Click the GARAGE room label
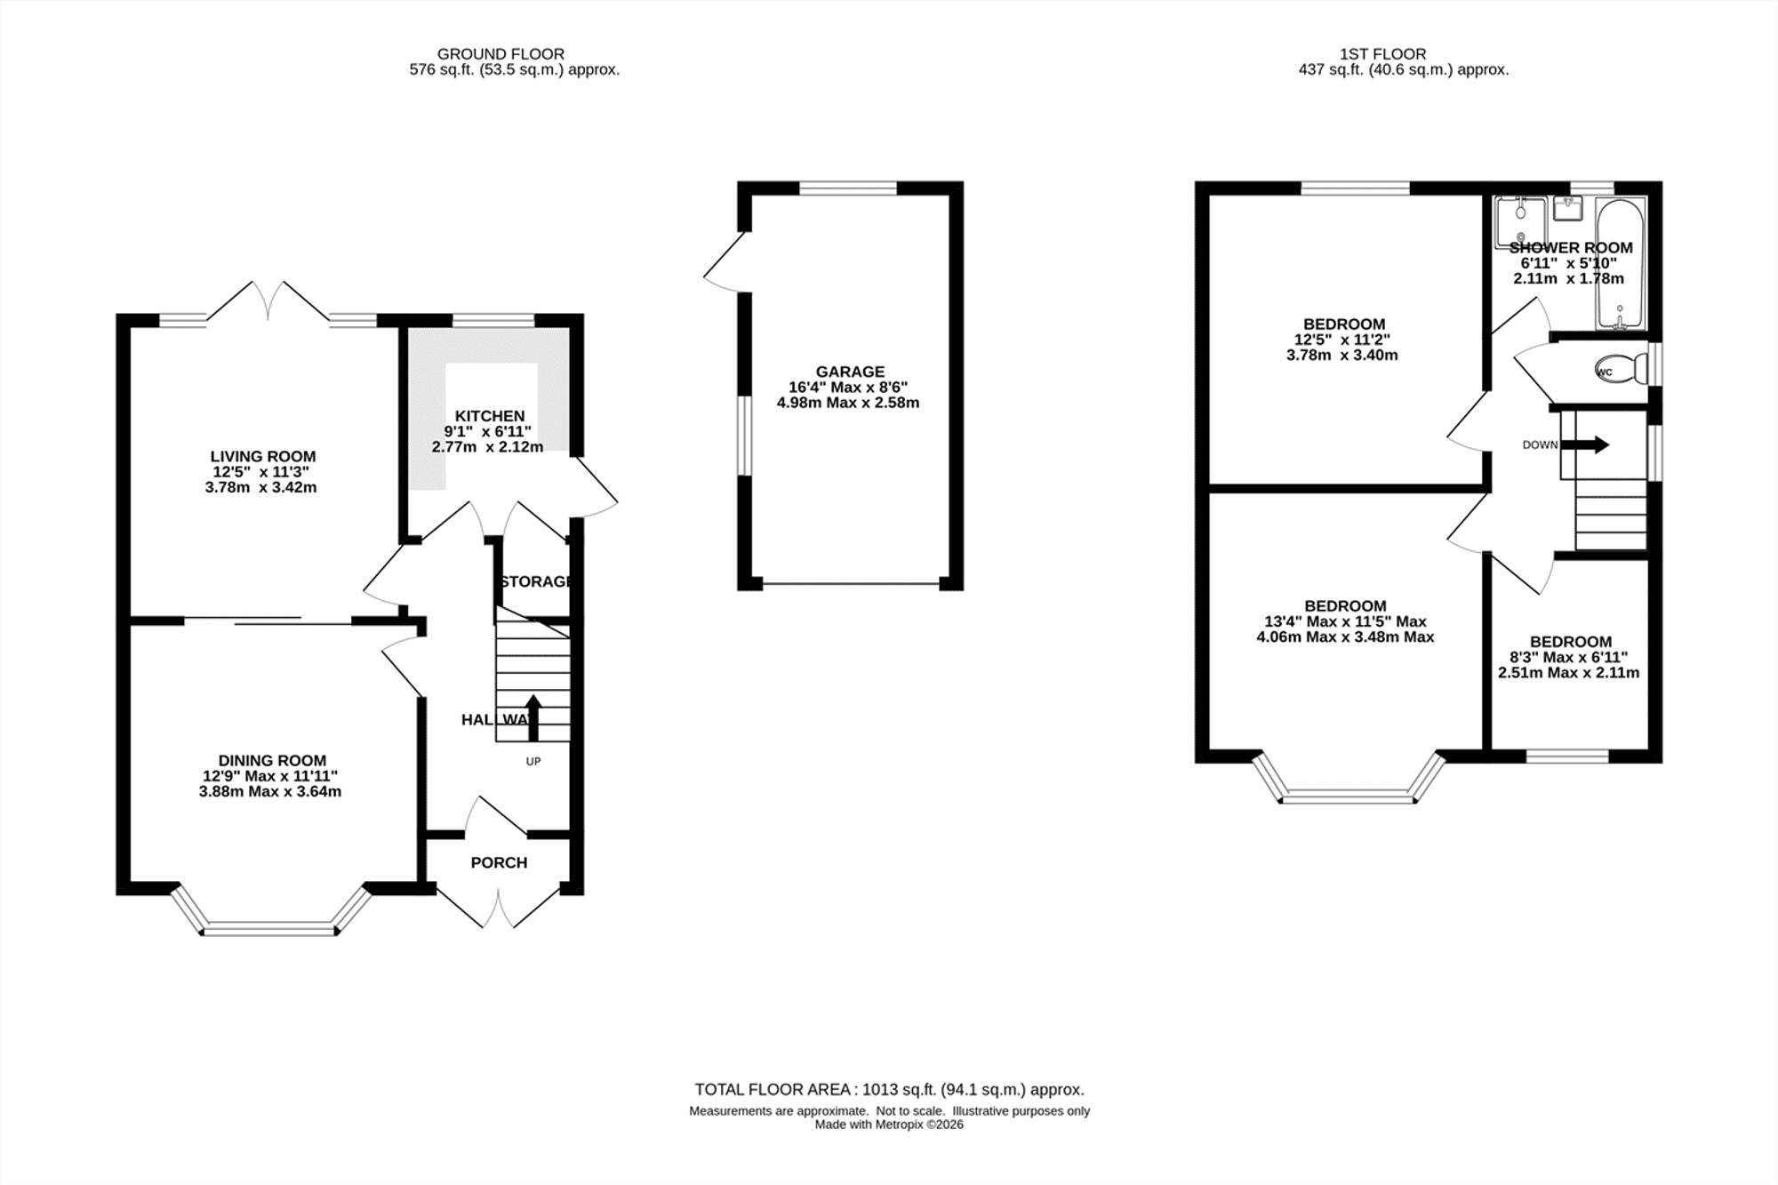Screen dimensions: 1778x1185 (x=850, y=372)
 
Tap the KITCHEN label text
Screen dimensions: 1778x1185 (x=490, y=416)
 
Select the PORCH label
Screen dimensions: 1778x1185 (x=499, y=862)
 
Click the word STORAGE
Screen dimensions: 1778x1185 (x=534, y=581)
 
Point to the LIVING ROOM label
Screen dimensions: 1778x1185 (x=263, y=457)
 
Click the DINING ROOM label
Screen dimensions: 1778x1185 (x=272, y=760)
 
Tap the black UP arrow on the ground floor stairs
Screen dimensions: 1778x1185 (x=533, y=717)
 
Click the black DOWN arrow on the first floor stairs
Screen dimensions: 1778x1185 (x=1585, y=444)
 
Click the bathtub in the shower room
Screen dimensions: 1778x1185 (x=1621, y=264)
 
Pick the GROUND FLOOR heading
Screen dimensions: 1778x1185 (x=501, y=54)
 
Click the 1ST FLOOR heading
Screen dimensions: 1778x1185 (x=1382, y=54)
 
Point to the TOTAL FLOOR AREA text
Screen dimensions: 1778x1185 (x=889, y=1089)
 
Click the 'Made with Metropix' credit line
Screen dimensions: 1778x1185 (x=889, y=1125)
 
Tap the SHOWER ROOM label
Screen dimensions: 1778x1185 (x=1571, y=248)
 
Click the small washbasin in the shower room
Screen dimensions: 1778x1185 (x=1567, y=209)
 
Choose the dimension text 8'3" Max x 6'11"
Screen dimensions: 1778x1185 (x=1568, y=658)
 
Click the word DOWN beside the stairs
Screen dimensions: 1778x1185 (x=1540, y=445)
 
